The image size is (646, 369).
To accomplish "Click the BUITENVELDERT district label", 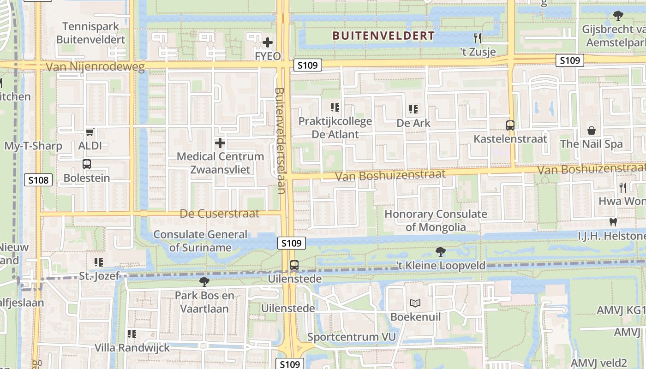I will (x=383, y=36).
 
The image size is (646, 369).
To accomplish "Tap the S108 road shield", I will (x=38, y=180).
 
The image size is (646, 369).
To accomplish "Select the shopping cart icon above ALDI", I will (x=90, y=132).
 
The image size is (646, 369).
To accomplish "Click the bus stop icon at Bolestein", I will (x=86, y=164).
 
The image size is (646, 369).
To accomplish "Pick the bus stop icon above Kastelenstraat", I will (x=510, y=125).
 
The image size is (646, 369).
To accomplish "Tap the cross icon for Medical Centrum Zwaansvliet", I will (x=220, y=143).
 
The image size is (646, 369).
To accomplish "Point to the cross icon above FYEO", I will (x=268, y=43).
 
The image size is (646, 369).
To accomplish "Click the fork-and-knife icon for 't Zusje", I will (x=478, y=38).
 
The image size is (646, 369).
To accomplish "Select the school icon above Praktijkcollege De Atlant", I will (x=335, y=108).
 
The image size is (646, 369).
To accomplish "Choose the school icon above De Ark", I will (x=413, y=109).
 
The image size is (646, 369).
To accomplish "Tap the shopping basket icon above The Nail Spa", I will (x=592, y=131).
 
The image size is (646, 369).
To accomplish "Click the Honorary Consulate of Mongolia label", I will (x=436, y=220).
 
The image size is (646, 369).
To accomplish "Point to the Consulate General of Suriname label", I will (x=200, y=241).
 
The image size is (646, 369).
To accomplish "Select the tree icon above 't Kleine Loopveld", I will (x=441, y=252).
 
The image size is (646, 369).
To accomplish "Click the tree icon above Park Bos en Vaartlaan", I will (x=204, y=281).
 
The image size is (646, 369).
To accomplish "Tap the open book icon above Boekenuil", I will (x=415, y=304).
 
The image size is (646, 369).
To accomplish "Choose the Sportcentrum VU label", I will (x=352, y=337).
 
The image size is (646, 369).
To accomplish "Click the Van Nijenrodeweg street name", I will (x=95, y=67).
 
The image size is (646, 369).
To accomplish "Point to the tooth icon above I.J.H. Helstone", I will (x=613, y=222).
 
